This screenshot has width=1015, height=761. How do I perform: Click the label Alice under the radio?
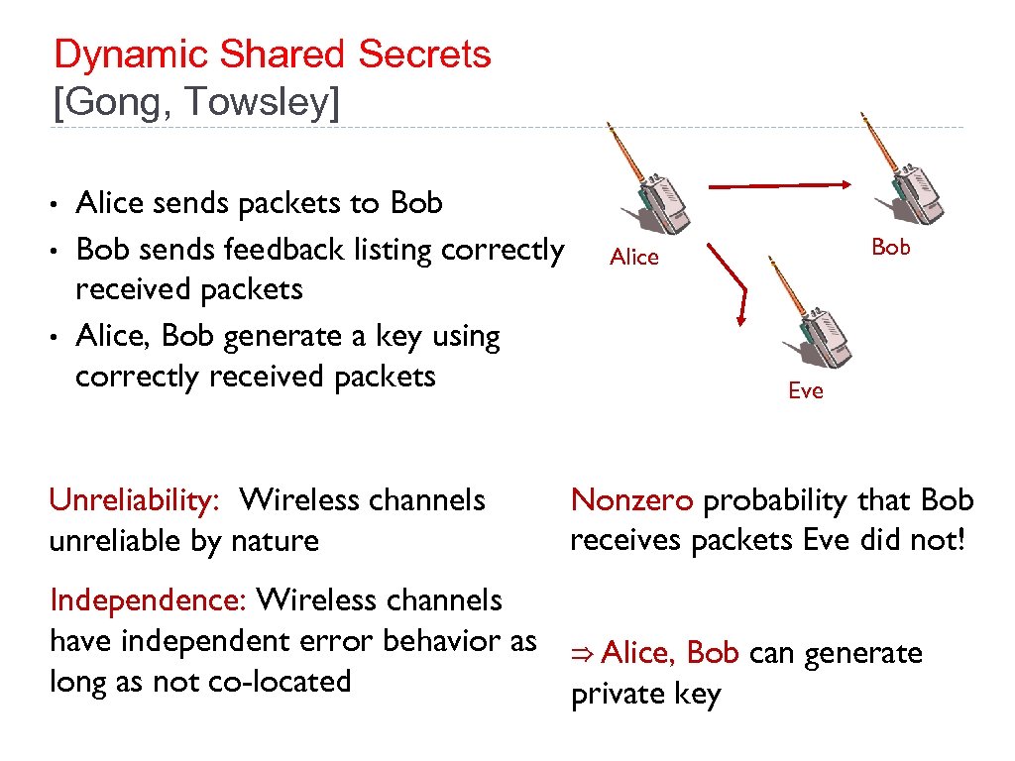tap(634, 258)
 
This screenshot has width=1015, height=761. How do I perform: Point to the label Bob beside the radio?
tap(890, 248)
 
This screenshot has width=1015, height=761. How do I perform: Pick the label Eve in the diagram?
tap(806, 391)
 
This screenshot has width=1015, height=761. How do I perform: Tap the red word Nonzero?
tap(632, 500)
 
